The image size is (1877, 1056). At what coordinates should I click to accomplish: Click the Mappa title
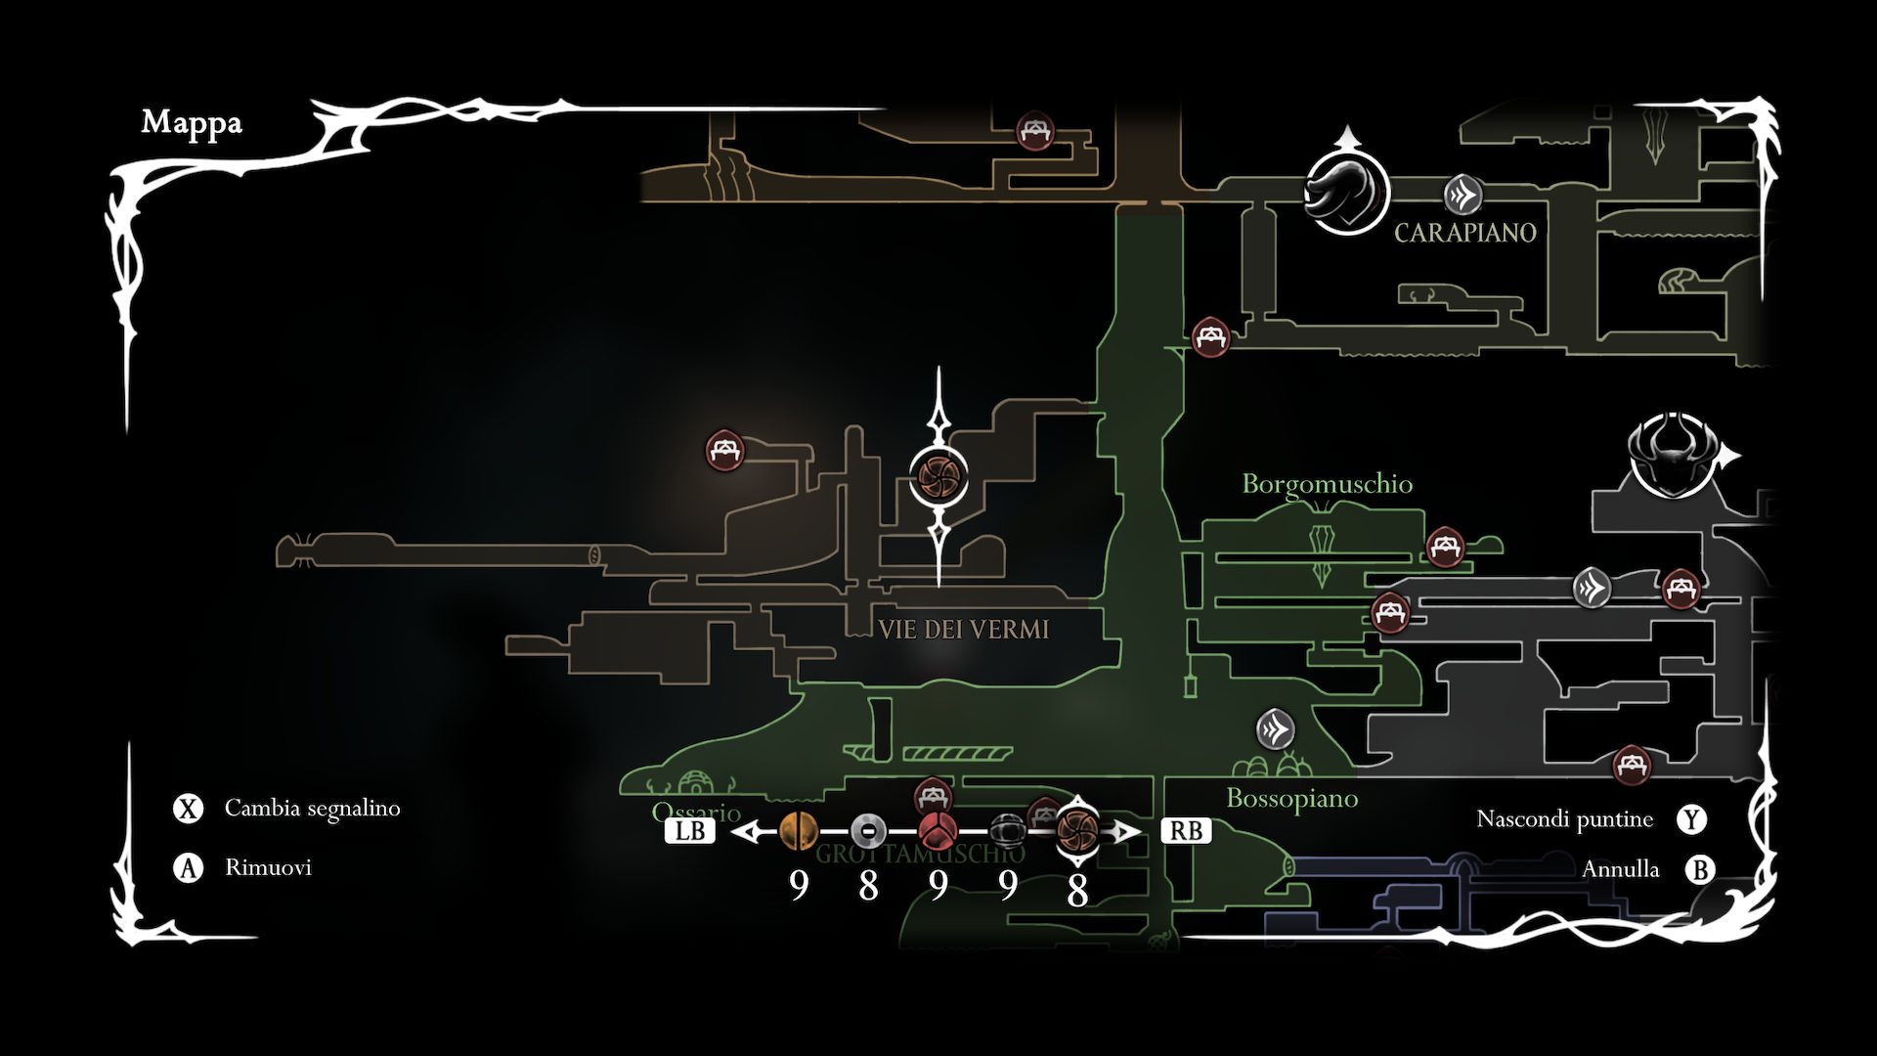(192, 122)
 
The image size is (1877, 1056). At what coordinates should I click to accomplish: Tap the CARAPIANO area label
(1464, 233)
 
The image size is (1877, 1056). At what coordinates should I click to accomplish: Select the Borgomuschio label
(1327, 484)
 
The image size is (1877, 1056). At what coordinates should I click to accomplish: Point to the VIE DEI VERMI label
(963, 630)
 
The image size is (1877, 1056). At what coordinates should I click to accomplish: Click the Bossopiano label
(1291, 799)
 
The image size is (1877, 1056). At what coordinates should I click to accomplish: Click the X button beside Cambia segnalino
(188, 809)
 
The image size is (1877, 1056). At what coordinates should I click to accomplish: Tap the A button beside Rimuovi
(188, 867)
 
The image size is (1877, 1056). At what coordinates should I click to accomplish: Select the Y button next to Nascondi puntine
(1691, 819)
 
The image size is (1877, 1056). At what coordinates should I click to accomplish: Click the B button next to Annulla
(1700, 869)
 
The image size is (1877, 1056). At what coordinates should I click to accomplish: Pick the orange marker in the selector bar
(799, 832)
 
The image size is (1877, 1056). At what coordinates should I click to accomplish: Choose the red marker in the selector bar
(938, 832)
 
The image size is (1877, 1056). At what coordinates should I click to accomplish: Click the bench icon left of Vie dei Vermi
(725, 451)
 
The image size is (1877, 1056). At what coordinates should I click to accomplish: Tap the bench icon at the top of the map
(1034, 131)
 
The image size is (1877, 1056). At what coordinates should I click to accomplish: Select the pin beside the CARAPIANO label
(1463, 195)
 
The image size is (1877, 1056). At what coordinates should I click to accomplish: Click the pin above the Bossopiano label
(1276, 728)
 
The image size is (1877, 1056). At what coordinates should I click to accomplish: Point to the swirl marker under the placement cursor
(938, 476)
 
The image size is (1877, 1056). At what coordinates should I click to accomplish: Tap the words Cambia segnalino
(312, 809)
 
